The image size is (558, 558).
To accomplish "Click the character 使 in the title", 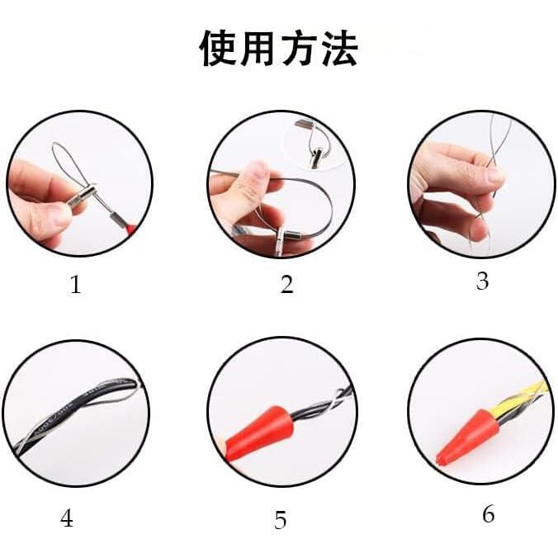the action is [218, 48].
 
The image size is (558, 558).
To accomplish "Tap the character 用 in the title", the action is [258, 49].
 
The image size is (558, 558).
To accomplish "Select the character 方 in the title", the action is [299, 48].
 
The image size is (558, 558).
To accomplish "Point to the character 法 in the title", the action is [339, 48].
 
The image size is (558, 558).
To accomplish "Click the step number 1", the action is [75, 284].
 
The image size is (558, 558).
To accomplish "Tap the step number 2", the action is [286, 284].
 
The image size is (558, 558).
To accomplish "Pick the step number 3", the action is [482, 281].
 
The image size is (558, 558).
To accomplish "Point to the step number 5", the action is [280, 520].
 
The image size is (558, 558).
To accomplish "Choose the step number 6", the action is [489, 514].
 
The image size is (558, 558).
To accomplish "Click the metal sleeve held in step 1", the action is [83, 195].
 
